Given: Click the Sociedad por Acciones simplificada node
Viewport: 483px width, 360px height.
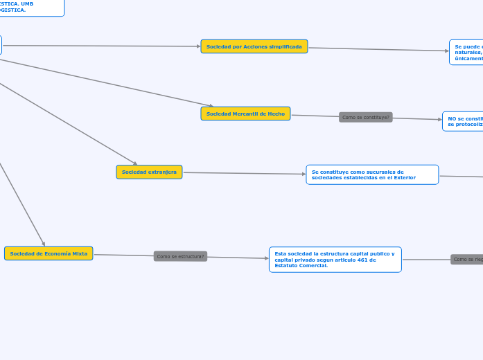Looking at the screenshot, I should [254, 46].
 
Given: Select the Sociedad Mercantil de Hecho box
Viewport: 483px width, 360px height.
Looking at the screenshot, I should [245, 114].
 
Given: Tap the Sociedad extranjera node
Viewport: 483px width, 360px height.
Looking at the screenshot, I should [149, 172].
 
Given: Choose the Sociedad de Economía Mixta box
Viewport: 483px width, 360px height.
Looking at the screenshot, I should [49, 253].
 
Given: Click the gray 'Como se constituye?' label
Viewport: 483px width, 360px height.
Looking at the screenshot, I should [366, 117].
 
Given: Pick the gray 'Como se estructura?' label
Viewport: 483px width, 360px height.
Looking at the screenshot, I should [180, 256].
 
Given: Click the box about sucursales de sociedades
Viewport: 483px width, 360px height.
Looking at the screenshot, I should [372, 174].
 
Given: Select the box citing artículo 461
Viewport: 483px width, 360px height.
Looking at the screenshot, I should [335, 259].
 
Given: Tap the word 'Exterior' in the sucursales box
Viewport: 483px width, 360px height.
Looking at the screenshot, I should [403, 178].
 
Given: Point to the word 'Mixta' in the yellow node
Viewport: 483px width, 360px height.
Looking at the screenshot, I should [80, 253].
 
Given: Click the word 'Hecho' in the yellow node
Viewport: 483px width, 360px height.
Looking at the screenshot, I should [275, 114].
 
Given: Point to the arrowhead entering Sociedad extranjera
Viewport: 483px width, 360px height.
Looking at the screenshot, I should [135, 163].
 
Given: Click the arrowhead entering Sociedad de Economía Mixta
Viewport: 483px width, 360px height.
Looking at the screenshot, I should [44, 244].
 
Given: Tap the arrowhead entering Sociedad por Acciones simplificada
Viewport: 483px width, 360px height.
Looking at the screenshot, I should [197, 46].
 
